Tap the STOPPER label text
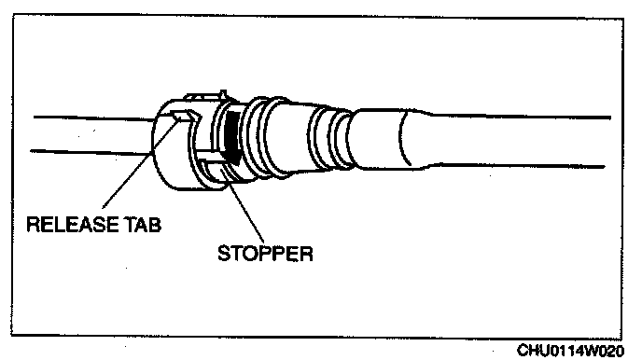(x=265, y=254)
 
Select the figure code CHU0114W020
(x=570, y=351)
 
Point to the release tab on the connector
(x=187, y=116)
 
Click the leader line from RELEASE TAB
(x=140, y=162)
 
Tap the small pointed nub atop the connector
(x=223, y=94)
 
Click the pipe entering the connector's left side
(x=92, y=134)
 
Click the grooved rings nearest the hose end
(x=329, y=138)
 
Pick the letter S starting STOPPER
(x=224, y=254)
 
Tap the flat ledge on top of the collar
(x=201, y=97)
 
